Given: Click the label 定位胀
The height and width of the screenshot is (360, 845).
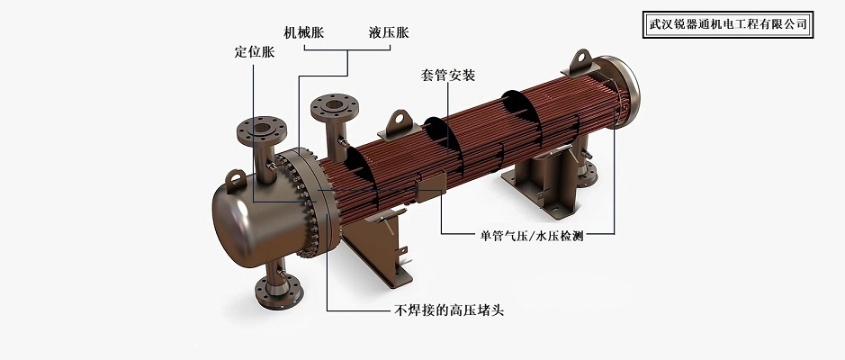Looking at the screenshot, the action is pos(255,52).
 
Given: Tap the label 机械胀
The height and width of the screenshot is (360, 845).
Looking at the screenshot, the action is pos(304,32).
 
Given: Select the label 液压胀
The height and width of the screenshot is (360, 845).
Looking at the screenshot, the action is pos(389,32).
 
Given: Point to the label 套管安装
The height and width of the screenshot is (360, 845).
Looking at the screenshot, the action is pos(447,75).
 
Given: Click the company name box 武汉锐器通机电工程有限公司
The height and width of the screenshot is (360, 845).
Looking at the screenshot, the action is pos(727,24).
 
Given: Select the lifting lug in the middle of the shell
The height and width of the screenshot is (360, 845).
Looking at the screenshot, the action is pos(400,126).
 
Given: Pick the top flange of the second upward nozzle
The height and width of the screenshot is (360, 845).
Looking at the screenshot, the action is pos(334,107).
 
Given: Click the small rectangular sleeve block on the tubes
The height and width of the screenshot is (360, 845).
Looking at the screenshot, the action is pos(430,184).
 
